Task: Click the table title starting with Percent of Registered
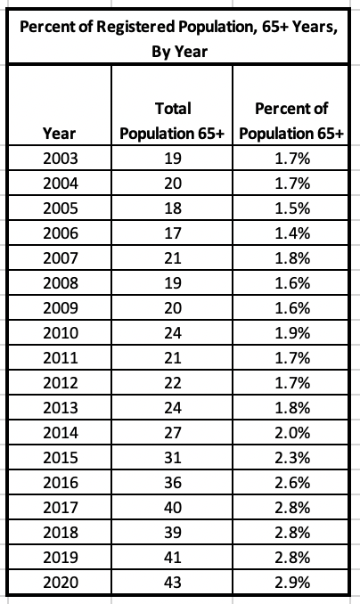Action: point(179,39)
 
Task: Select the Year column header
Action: point(60,134)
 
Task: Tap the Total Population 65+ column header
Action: point(172,121)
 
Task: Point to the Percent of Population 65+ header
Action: point(291,121)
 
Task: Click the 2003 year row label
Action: point(61,159)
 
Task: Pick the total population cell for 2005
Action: point(173,208)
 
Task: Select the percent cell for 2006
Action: point(292,233)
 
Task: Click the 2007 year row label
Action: point(61,258)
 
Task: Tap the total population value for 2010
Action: point(173,333)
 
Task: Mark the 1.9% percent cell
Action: point(292,333)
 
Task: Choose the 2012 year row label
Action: point(61,383)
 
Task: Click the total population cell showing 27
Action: point(173,433)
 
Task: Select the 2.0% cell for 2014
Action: point(292,433)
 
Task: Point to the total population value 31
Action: point(173,458)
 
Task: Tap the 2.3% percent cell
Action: point(292,458)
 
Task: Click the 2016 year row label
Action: point(61,482)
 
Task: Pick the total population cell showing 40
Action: point(173,507)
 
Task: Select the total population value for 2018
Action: point(173,533)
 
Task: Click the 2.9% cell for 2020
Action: point(292,582)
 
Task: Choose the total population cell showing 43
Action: point(173,582)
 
